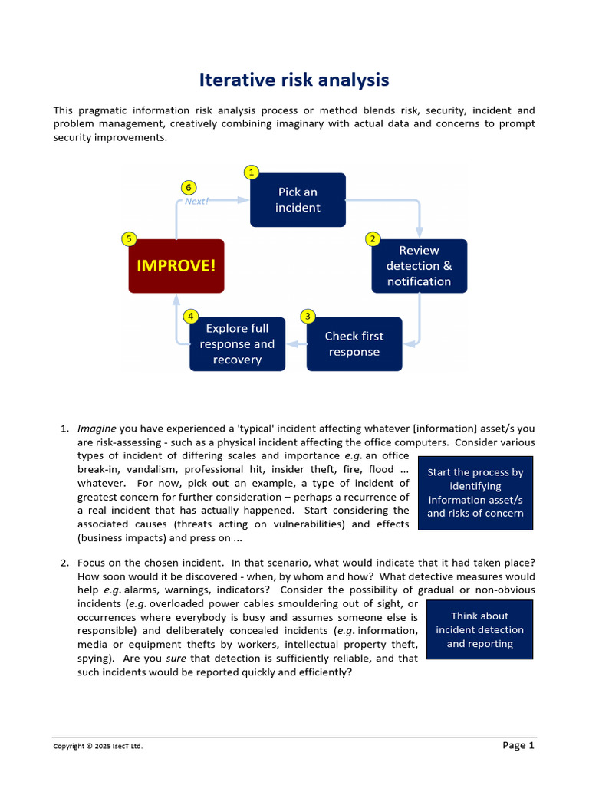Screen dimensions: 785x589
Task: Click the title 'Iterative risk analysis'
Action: [294, 80]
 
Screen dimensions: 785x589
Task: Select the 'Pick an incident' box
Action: [298, 200]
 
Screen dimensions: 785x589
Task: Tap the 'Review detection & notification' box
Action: [419, 266]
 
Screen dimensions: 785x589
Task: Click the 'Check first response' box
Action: [354, 344]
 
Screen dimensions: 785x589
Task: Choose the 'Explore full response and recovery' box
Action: [237, 344]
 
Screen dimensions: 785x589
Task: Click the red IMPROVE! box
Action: [176, 266]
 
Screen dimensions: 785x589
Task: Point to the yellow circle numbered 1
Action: [250, 171]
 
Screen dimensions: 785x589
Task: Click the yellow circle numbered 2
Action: [373, 238]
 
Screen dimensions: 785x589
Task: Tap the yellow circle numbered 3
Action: [308, 316]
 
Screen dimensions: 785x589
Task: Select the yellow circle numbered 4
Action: [190, 316]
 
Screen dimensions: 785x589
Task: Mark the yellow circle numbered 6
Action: [189, 186]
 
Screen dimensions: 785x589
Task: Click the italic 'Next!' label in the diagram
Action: [196, 202]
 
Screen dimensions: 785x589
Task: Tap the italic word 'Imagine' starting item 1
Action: [97, 429]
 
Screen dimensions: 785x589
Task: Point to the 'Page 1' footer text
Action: [518, 745]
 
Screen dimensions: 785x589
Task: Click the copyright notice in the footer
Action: [97, 747]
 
